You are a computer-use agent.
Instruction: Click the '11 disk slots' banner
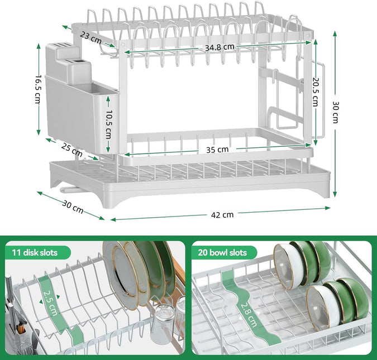coord(35,252)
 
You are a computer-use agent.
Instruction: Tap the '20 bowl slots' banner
coord(222,252)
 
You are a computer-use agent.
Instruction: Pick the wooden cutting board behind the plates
coord(178,273)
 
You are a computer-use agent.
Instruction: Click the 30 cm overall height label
coord(335,114)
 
